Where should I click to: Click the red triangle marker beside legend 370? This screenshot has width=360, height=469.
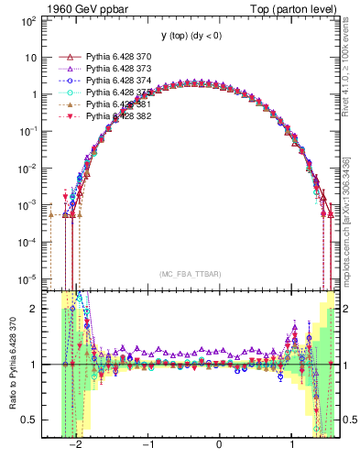(x=68, y=57)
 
